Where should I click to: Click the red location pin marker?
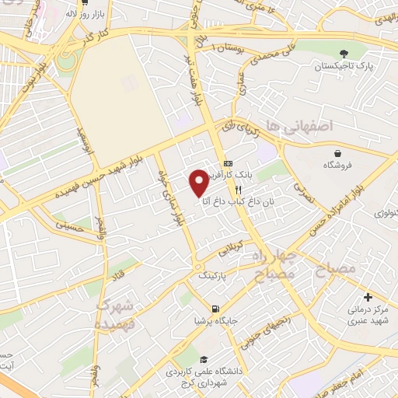point(199,181)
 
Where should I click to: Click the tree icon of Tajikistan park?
point(343,54)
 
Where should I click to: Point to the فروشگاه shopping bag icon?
point(337,153)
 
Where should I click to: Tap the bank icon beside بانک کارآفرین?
point(227,163)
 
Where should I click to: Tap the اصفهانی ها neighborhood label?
point(298,125)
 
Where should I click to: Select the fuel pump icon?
point(204,305)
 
